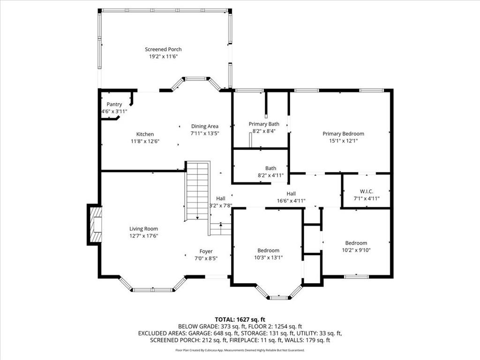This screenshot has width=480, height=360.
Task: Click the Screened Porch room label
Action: (x=163, y=49)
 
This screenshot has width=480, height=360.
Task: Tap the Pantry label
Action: (x=114, y=105)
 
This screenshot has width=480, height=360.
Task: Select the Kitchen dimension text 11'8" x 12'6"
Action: (x=145, y=141)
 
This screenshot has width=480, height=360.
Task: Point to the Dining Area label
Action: (x=205, y=126)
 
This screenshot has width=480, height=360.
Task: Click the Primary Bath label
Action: (x=264, y=124)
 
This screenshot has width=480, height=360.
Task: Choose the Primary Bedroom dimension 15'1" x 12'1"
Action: (x=344, y=141)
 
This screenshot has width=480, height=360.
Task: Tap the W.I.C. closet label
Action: (x=367, y=191)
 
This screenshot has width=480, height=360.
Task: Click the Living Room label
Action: (x=143, y=229)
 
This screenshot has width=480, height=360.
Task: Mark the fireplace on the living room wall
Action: (x=94, y=225)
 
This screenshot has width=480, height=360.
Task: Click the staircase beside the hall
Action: (x=197, y=191)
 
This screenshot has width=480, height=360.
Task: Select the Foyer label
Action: (x=206, y=251)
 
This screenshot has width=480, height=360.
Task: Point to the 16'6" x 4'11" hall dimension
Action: (x=291, y=201)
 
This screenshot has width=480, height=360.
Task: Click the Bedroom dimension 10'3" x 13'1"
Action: (x=268, y=257)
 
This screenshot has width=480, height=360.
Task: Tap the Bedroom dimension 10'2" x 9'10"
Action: (x=356, y=250)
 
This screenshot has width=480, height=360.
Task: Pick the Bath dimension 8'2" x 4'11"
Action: (x=270, y=175)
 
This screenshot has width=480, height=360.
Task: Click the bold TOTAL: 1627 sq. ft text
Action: (x=240, y=320)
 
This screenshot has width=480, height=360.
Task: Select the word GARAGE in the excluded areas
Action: (x=199, y=333)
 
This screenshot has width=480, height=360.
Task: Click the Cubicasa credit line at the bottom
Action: (x=240, y=350)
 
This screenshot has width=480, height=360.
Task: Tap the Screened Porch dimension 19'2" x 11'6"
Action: (x=163, y=56)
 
